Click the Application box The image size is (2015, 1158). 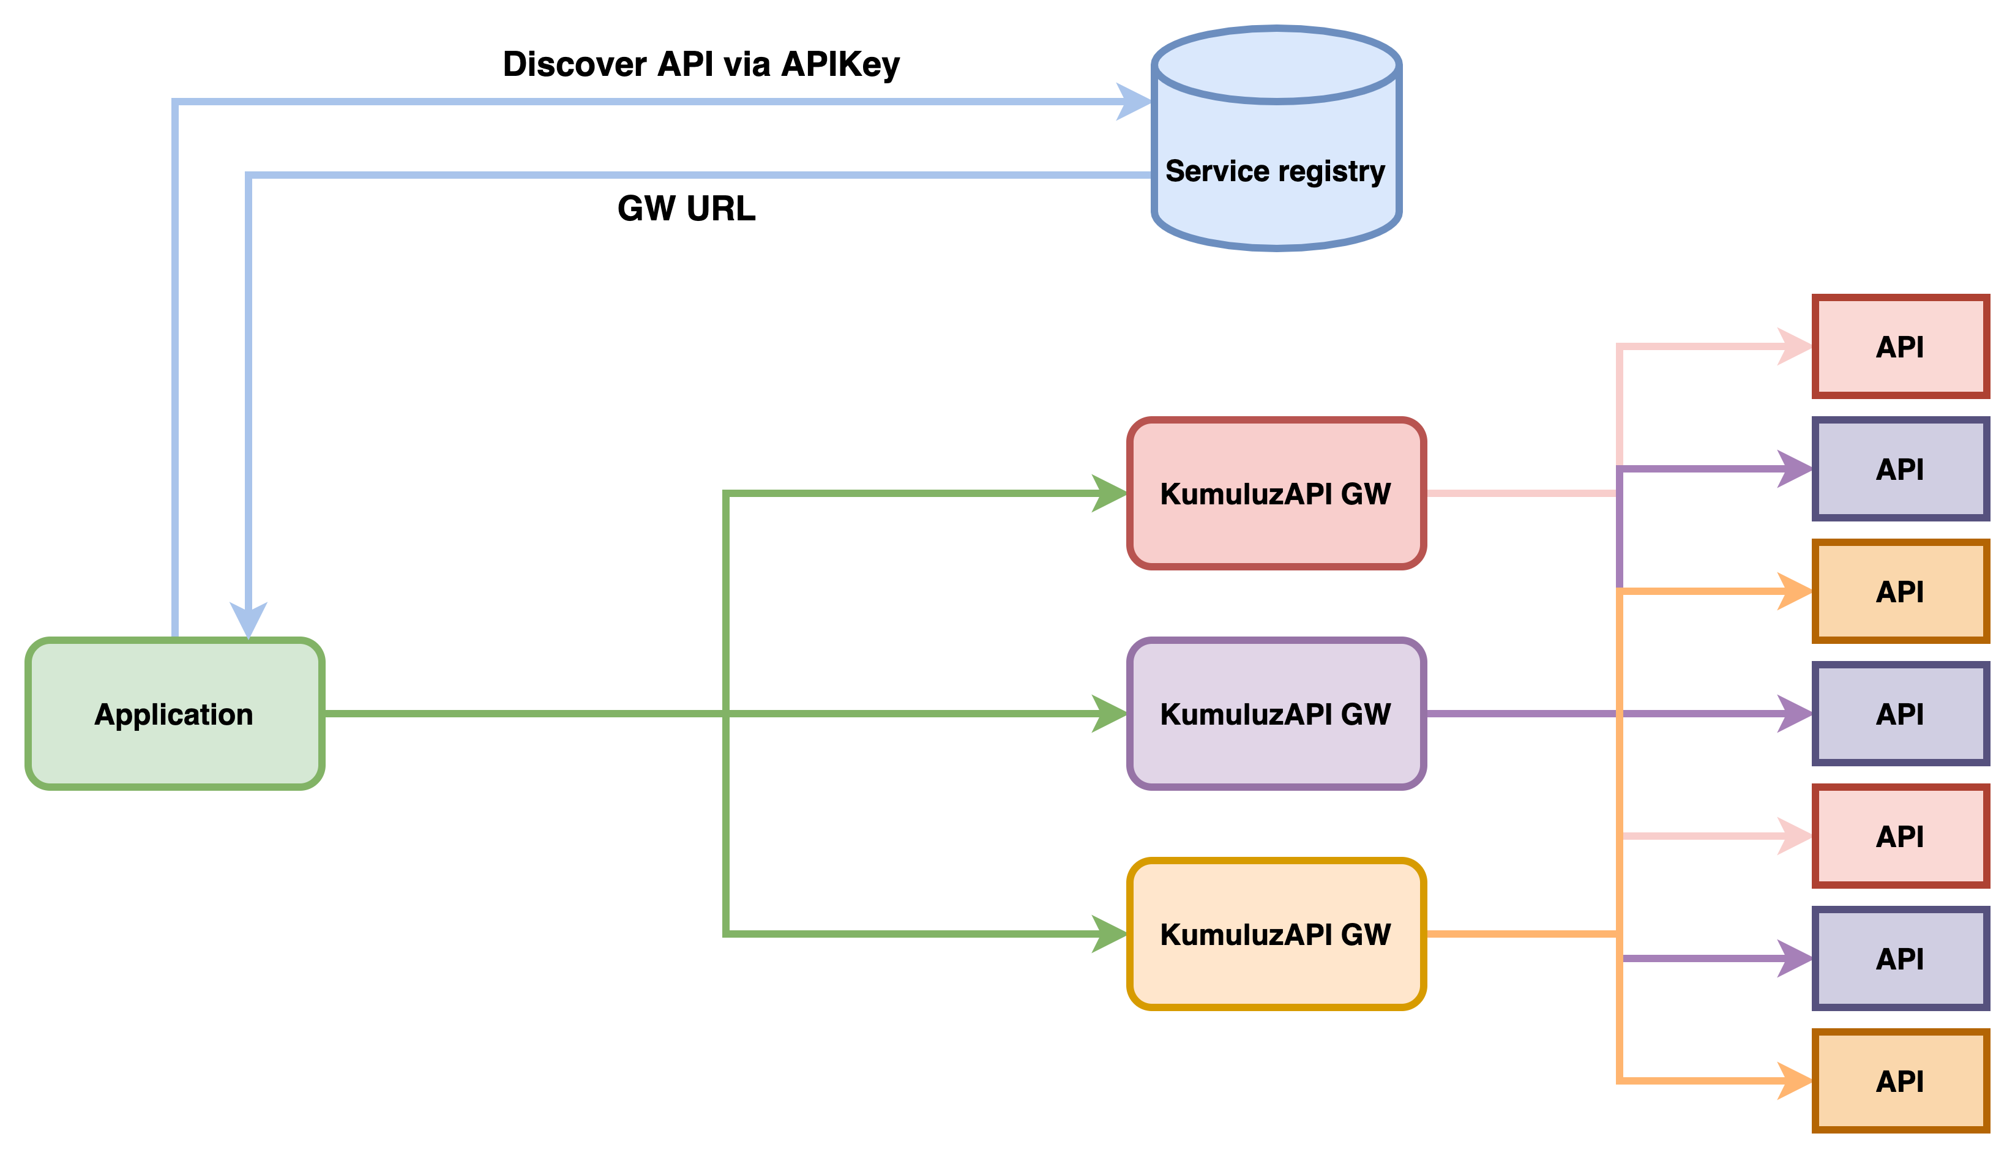click(175, 714)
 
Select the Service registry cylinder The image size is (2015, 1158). click(1276, 138)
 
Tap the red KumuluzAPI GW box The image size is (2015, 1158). click(1276, 493)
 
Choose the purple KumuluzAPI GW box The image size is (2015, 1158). click(1276, 714)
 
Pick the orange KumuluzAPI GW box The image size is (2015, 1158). click(1276, 934)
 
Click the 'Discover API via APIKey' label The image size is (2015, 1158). click(701, 64)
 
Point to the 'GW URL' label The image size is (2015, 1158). click(686, 207)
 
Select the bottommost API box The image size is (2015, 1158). click(1901, 1081)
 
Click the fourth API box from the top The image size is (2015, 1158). click(1901, 714)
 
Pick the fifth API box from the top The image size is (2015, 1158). click(1901, 836)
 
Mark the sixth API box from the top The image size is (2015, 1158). click(1901, 958)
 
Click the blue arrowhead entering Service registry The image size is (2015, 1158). click(1135, 102)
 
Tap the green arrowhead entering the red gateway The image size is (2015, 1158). click(1110, 493)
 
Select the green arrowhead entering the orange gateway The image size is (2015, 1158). click(1110, 934)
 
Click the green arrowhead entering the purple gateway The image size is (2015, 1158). click(1110, 714)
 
